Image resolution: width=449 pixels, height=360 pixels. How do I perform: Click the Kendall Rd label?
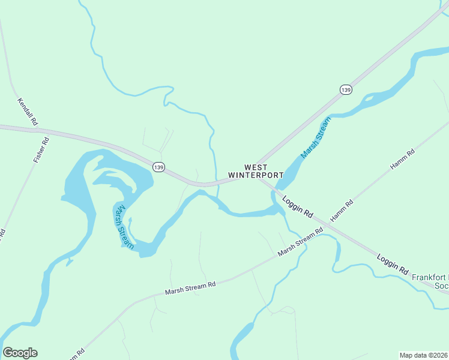point(28,112)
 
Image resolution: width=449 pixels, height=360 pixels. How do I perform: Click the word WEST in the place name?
point(256,167)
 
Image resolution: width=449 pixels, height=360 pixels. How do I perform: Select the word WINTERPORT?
point(256,175)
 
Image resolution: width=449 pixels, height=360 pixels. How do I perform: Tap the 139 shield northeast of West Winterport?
point(345,89)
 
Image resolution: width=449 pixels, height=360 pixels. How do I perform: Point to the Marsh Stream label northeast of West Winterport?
point(316,139)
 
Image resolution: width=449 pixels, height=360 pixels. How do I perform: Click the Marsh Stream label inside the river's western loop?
point(123,226)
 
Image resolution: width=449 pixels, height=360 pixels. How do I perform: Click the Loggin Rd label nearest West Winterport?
point(298,208)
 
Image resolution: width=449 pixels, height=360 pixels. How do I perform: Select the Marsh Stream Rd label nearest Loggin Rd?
point(305,242)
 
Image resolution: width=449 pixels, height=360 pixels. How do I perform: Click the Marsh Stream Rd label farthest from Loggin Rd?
point(190,288)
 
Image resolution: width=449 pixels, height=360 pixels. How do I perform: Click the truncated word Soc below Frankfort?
point(441,286)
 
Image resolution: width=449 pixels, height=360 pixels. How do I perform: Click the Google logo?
point(20,353)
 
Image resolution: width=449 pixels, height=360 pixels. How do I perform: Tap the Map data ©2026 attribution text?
point(424,355)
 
